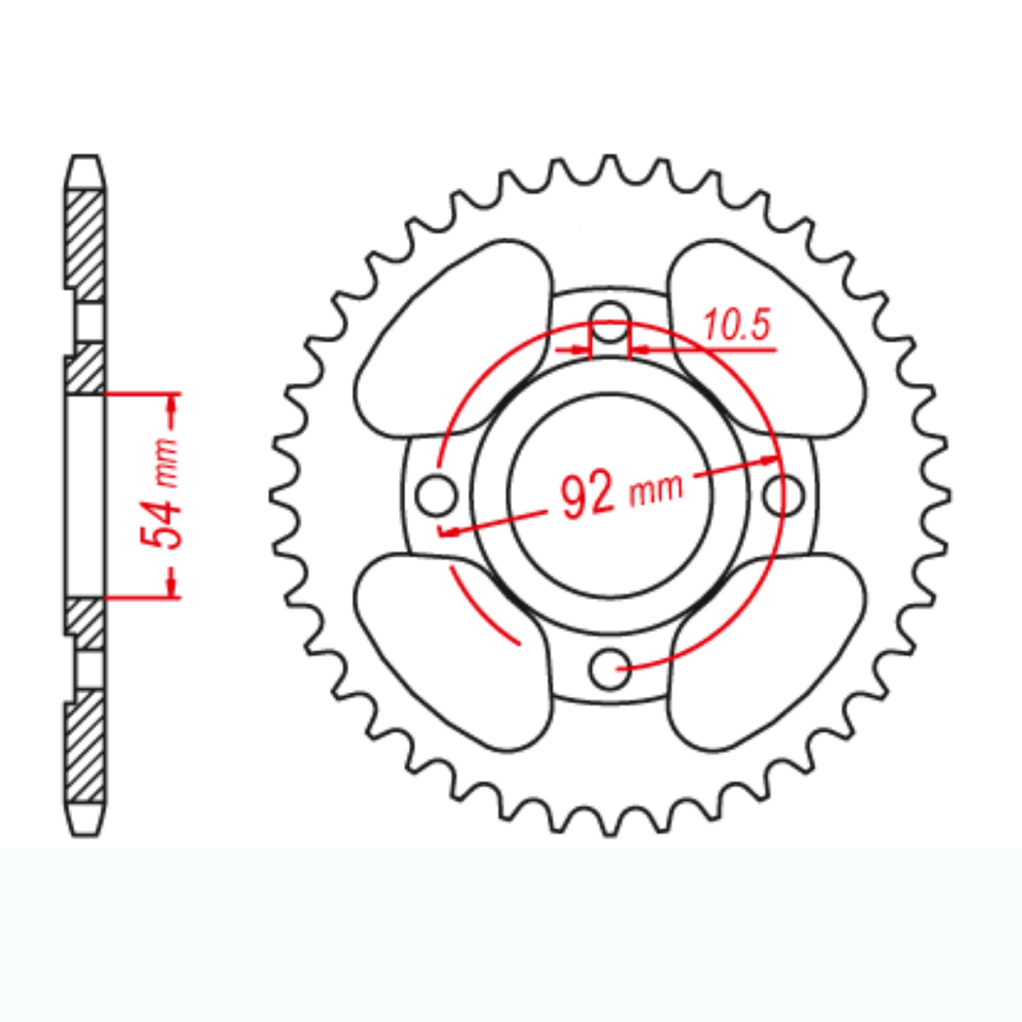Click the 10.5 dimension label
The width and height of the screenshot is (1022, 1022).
click(738, 326)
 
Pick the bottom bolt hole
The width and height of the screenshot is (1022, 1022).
click(610, 669)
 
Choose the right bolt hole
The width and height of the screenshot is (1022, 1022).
click(782, 495)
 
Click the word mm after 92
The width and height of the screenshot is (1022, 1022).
click(655, 488)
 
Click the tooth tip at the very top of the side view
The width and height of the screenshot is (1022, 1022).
click(85, 158)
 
